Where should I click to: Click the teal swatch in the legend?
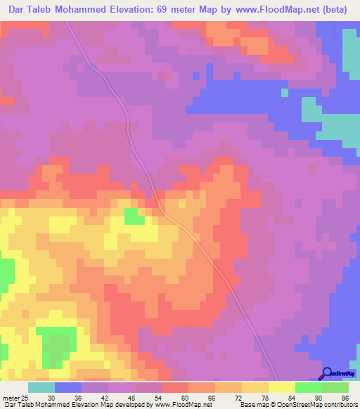tap(41, 387)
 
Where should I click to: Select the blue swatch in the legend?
tap(68, 387)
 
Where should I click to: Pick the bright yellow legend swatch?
tap(281, 387)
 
